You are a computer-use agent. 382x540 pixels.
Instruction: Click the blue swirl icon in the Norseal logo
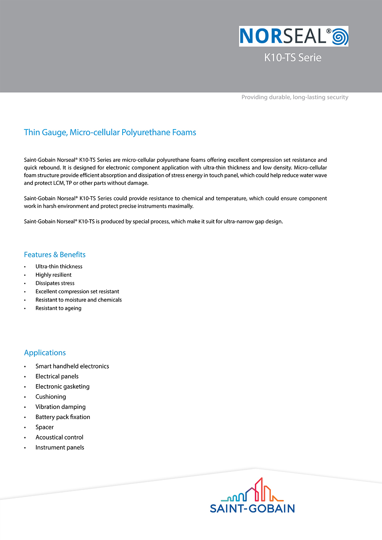(x=340, y=37)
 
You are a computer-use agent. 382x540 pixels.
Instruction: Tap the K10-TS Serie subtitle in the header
(x=293, y=58)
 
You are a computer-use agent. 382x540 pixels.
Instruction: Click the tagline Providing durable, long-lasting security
(x=295, y=97)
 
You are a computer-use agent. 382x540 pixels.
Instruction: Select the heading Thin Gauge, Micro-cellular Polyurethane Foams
(x=110, y=133)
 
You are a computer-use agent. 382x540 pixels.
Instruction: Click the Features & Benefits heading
(x=55, y=255)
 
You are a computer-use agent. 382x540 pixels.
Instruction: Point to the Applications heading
(x=45, y=353)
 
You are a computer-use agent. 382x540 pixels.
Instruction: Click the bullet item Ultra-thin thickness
(x=59, y=267)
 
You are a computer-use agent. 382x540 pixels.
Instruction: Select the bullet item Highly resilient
(x=53, y=275)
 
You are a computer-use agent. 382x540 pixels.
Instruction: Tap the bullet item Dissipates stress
(x=55, y=283)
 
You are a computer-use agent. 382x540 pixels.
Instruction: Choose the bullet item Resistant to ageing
(x=58, y=309)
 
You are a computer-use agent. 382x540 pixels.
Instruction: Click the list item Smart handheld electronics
(x=72, y=366)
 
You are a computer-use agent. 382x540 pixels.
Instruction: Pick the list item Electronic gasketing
(x=62, y=386)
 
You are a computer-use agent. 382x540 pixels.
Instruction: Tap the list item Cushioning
(x=51, y=397)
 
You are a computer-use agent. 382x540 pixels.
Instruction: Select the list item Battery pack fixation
(x=63, y=417)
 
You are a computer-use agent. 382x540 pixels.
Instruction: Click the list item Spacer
(x=45, y=427)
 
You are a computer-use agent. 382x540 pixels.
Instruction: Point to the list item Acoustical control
(x=59, y=437)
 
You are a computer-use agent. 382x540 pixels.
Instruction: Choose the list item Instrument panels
(x=60, y=448)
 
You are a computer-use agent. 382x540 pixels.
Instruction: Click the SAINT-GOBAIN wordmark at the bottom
(x=252, y=509)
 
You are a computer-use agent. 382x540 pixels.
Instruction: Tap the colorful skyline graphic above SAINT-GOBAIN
(x=253, y=490)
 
